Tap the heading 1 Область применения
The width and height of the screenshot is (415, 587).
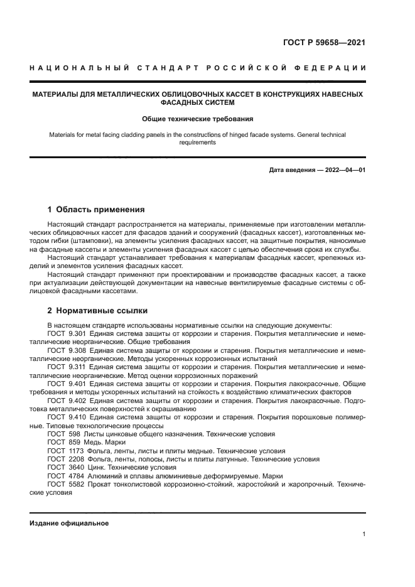click(97, 210)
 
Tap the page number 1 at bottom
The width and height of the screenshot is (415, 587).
click(364, 534)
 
